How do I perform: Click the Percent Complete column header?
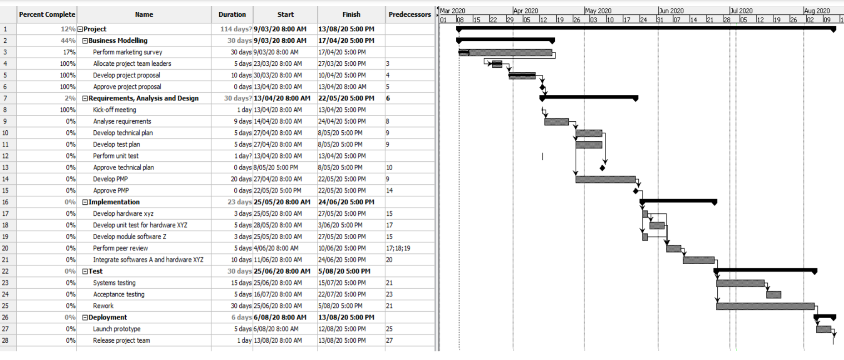pos(47,15)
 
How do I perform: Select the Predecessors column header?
pos(410,15)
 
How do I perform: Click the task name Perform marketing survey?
pos(128,52)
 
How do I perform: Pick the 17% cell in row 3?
pos(69,52)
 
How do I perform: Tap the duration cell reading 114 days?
pos(236,29)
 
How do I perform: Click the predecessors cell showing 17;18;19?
pos(398,248)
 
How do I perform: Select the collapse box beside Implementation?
pos(85,202)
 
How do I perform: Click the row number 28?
pos(5,340)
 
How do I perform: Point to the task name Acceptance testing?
pos(118,294)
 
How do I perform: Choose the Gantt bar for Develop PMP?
pos(605,179)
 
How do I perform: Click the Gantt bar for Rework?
pos(765,306)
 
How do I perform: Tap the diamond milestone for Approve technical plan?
pos(602,168)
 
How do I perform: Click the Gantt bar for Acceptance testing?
pos(774,295)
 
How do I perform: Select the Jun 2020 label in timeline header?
pos(671,11)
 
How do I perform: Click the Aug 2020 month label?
pos(817,11)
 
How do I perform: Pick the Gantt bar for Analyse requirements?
pos(557,122)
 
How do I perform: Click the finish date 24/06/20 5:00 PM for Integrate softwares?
pos(342,260)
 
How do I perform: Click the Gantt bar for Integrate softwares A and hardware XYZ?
pos(698,260)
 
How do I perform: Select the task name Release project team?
pos(121,340)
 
